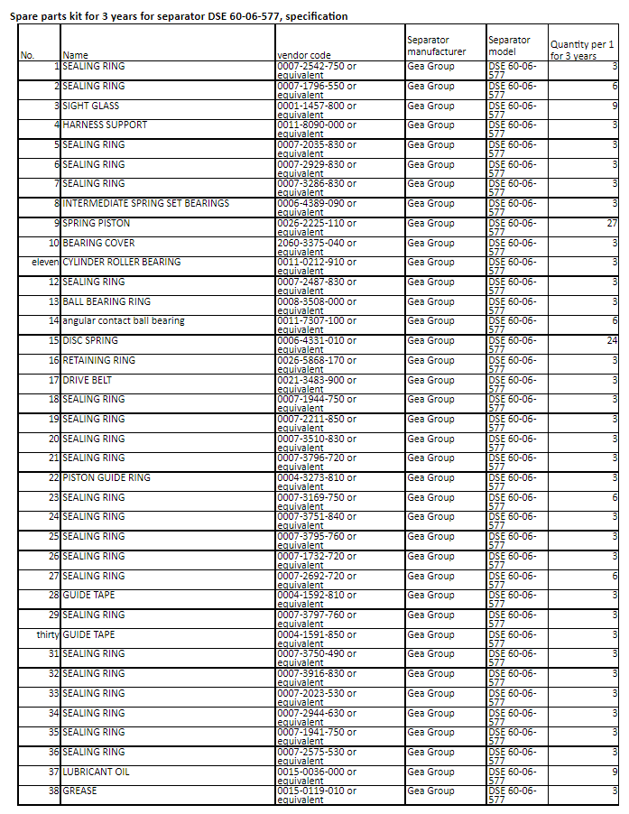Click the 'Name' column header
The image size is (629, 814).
click(x=76, y=55)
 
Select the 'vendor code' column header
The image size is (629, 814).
click(x=303, y=55)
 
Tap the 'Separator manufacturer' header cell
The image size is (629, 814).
click(x=437, y=46)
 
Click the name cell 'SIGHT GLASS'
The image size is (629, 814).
click(x=91, y=106)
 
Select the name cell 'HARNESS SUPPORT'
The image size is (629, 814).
click(x=105, y=125)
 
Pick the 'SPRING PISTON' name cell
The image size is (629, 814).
click(x=97, y=223)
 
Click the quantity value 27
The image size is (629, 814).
click(x=611, y=223)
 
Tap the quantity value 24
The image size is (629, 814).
click(x=611, y=341)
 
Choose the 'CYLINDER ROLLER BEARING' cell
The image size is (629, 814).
click(x=122, y=262)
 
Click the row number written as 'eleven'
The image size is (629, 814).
click(x=44, y=262)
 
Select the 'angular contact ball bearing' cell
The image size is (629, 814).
click(x=124, y=320)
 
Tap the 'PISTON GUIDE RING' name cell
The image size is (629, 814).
click(x=106, y=477)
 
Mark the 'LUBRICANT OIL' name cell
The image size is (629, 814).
click(x=97, y=772)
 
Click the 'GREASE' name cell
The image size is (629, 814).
click(x=80, y=791)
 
